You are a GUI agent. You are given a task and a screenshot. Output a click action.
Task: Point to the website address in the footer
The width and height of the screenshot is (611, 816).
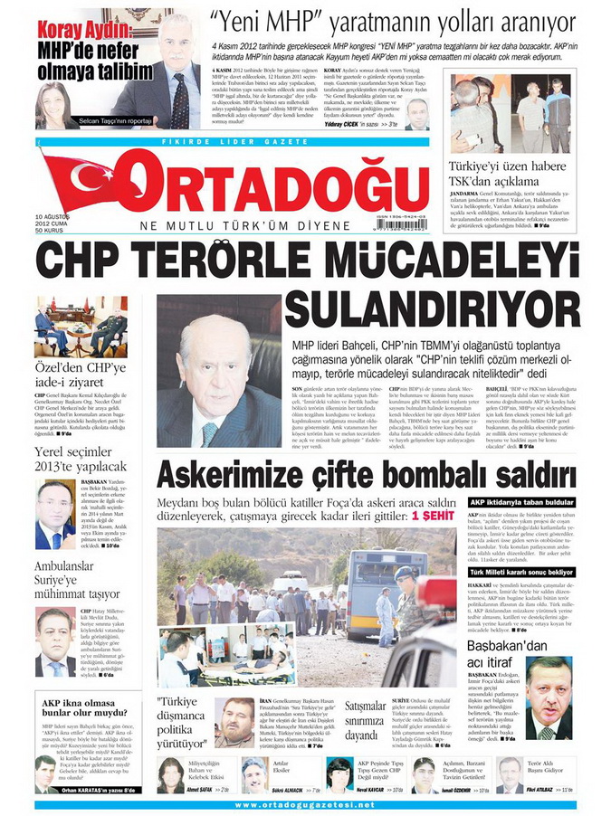click(305, 805)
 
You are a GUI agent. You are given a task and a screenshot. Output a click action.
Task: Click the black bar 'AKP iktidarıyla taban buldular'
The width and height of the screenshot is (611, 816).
click(520, 502)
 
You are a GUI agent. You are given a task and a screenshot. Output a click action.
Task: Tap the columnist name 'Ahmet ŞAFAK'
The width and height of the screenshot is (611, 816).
click(198, 789)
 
